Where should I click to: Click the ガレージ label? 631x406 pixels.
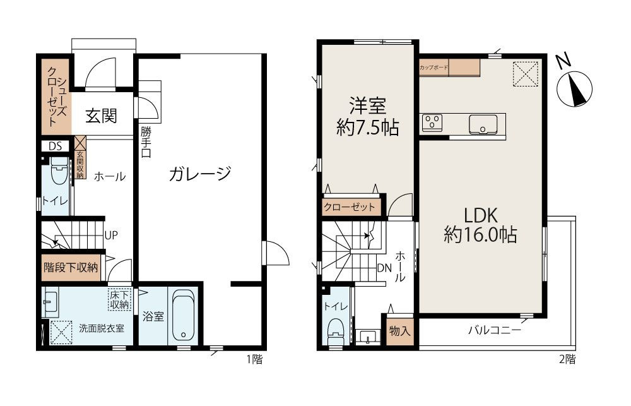[199, 174]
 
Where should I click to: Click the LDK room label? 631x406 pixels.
[481, 224]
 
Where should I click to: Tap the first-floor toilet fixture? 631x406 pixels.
[59, 170]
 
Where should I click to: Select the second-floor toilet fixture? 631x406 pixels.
[335, 329]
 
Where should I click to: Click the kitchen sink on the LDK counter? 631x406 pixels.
[483, 124]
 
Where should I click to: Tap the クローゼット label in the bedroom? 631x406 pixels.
[350, 207]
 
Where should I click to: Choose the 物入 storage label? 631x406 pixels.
[399, 330]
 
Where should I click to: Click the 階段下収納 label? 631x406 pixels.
[70, 267]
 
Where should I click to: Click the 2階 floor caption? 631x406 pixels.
[566, 360]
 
